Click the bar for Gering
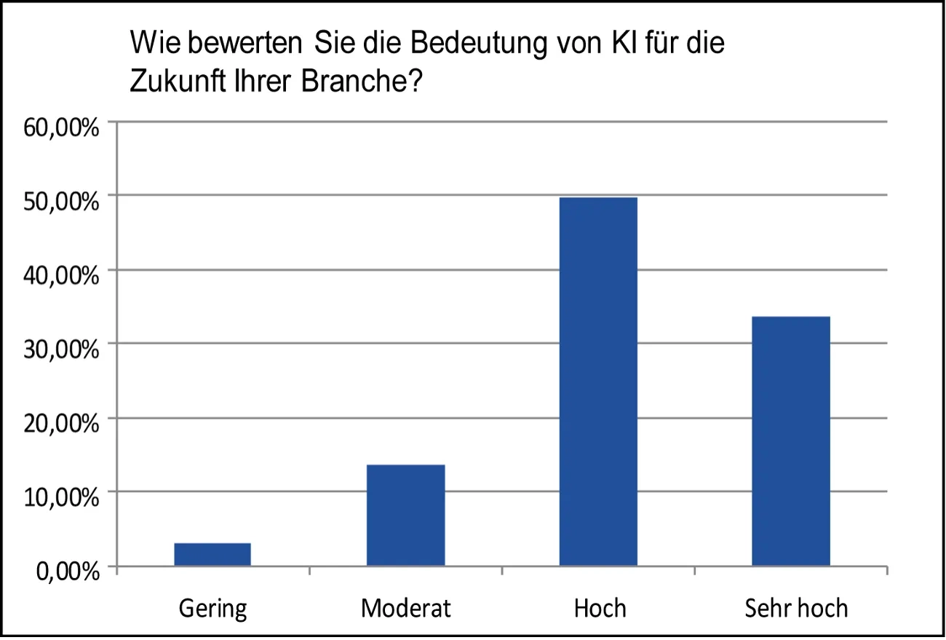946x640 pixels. click(x=212, y=554)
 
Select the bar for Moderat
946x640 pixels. click(x=405, y=515)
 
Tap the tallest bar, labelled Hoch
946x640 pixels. click(x=598, y=381)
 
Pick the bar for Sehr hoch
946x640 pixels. click(x=791, y=441)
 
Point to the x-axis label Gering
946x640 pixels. click(x=212, y=608)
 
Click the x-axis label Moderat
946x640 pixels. click(x=405, y=607)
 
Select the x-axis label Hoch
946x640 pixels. click(x=600, y=607)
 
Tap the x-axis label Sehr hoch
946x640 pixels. click(x=796, y=607)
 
